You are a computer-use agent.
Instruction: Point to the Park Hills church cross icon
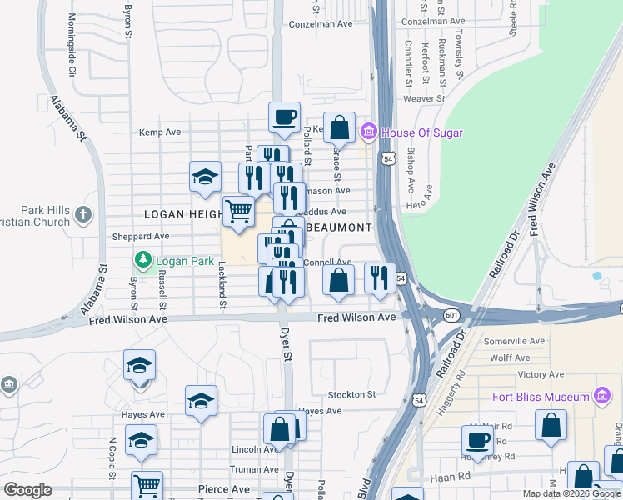(x=82, y=216)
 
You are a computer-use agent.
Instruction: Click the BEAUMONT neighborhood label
(x=337, y=227)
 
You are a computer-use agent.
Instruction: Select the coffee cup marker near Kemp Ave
(x=284, y=117)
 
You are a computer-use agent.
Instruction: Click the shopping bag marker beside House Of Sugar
(x=339, y=128)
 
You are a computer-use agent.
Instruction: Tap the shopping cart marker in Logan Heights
(x=239, y=211)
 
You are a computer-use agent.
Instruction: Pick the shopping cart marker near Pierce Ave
(x=147, y=486)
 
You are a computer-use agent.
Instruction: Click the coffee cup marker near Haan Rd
(x=478, y=442)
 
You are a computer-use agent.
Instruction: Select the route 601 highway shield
(x=451, y=314)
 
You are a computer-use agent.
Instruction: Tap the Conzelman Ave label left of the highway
(x=321, y=24)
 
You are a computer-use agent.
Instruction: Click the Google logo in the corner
(x=27, y=490)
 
